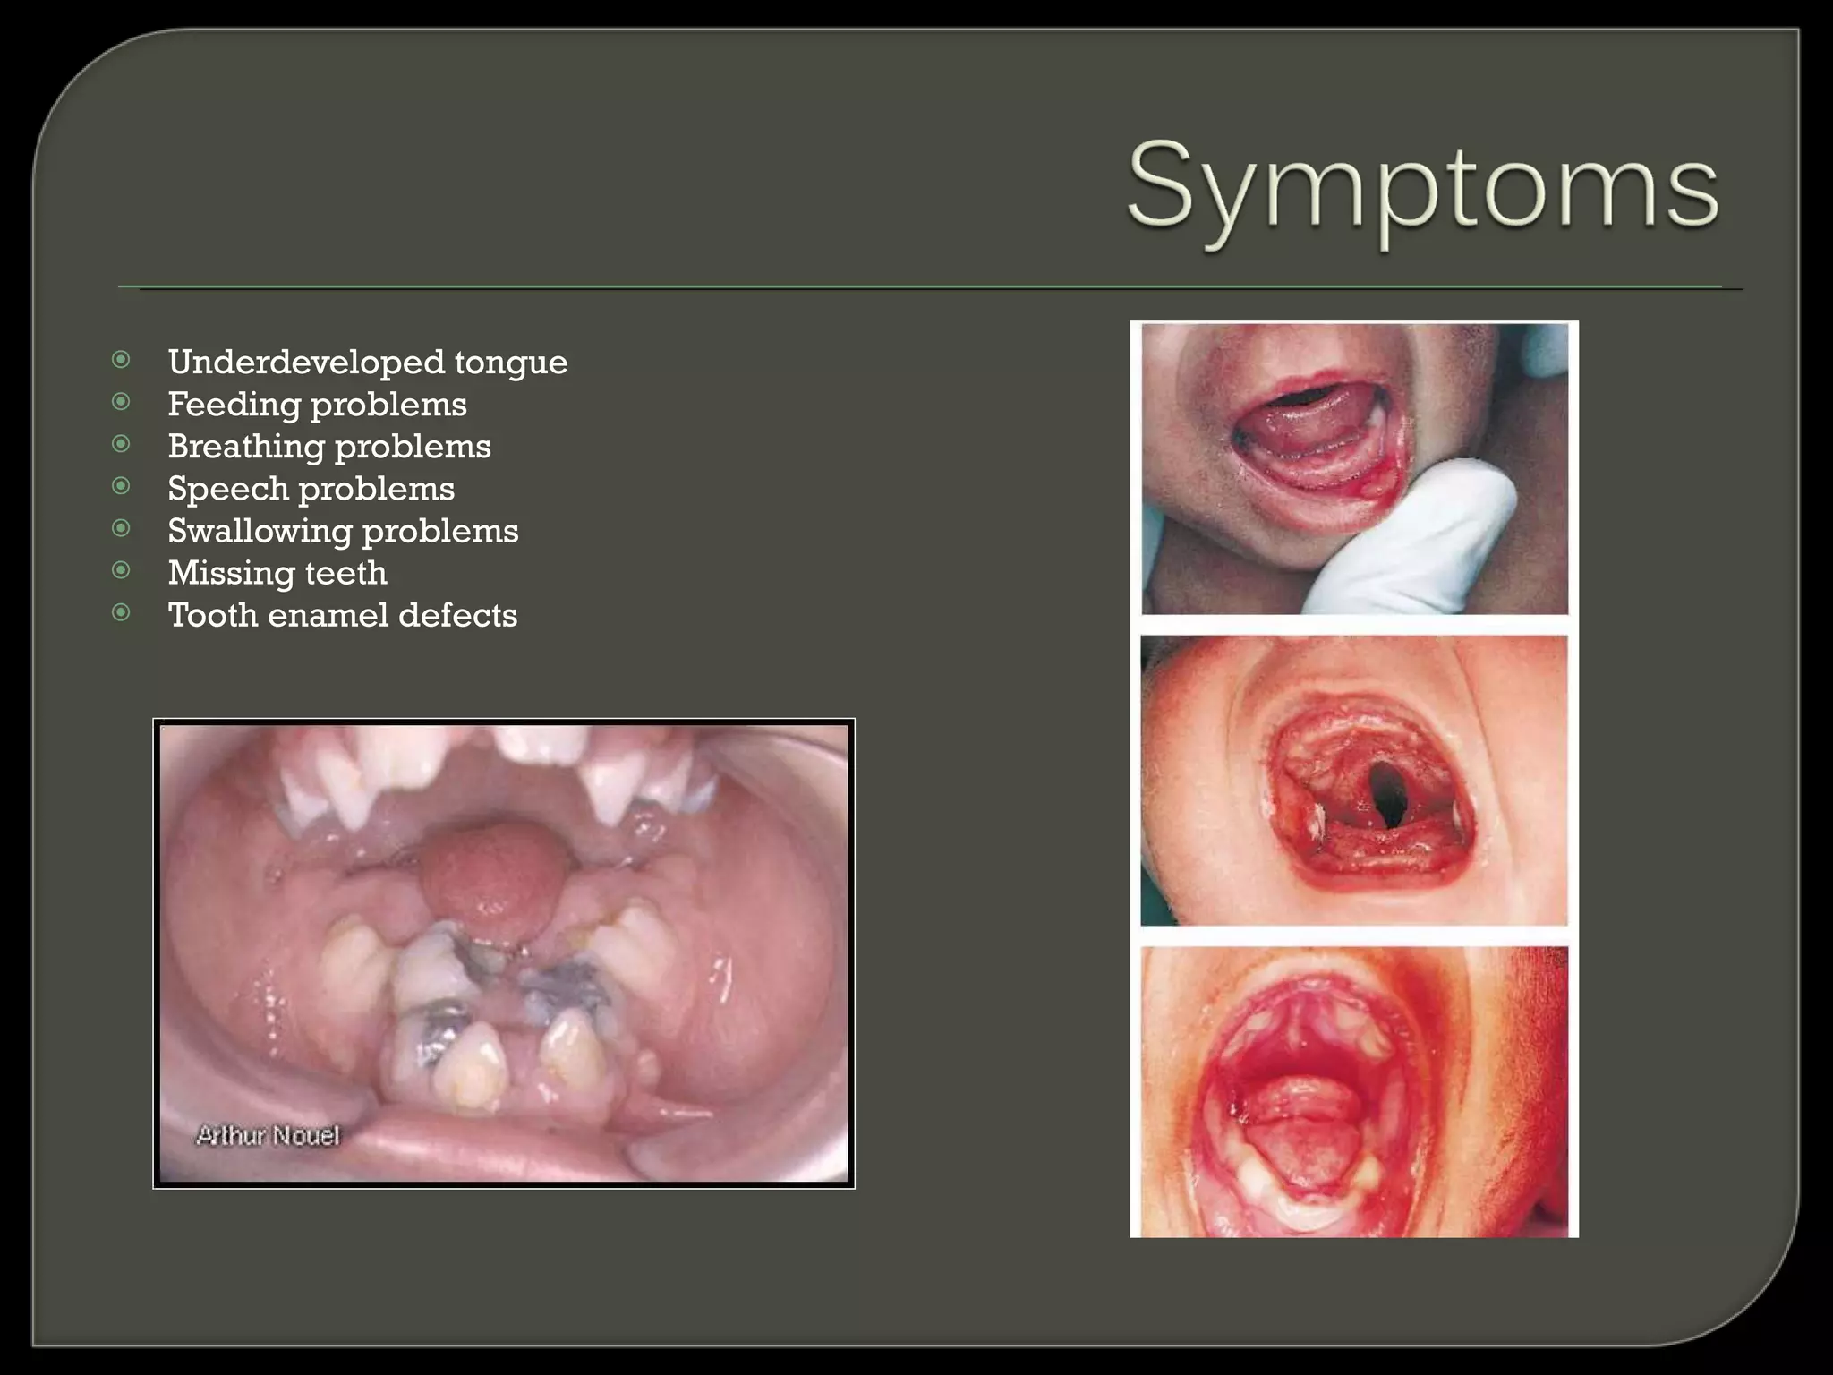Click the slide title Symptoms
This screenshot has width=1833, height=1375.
tap(1422, 188)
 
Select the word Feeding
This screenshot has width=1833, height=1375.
tap(233, 406)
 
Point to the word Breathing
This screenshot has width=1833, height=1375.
tap(245, 448)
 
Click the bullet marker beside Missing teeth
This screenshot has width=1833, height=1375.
tap(121, 570)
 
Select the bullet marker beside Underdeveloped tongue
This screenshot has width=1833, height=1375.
tap(121, 360)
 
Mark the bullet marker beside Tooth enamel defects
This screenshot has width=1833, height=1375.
tap(121, 612)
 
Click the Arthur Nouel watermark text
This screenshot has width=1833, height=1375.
tap(268, 1135)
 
